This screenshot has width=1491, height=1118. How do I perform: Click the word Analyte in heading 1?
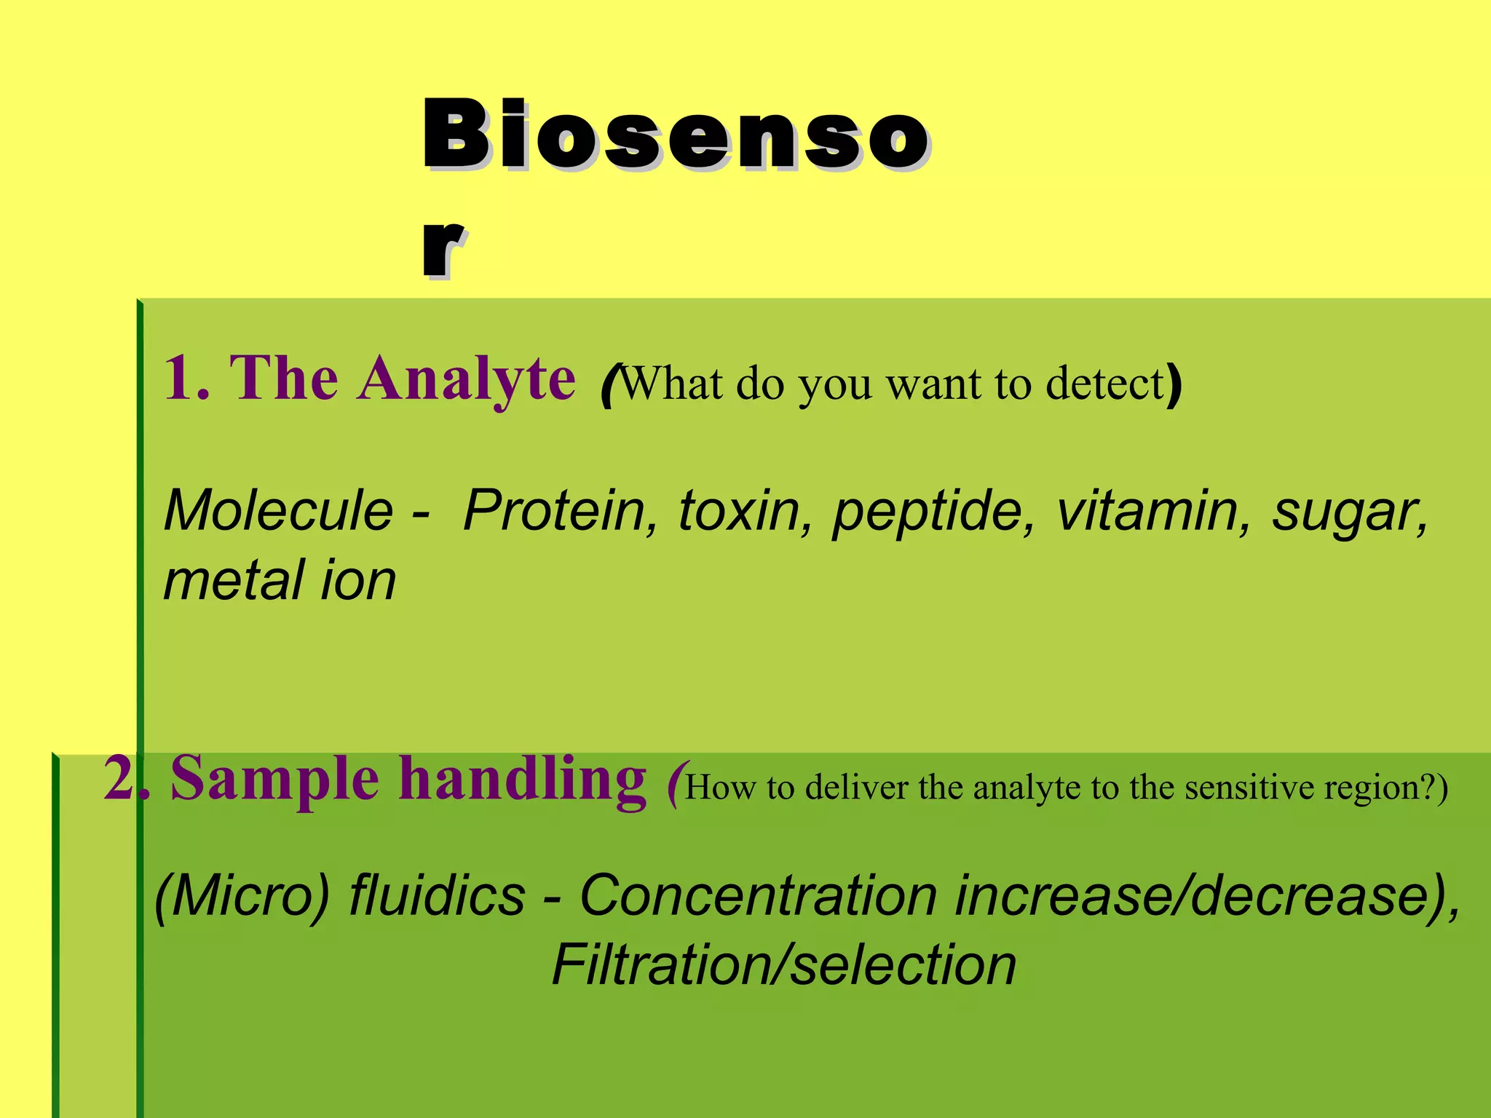click(467, 380)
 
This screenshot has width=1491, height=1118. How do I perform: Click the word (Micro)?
click(242, 896)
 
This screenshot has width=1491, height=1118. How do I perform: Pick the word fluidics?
click(437, 895)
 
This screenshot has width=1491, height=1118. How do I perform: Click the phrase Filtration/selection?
click(783, 965)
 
